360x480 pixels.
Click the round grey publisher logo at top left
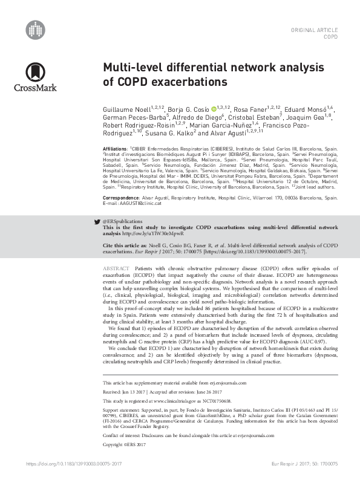pyautogui.click(x=36, y=28)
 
